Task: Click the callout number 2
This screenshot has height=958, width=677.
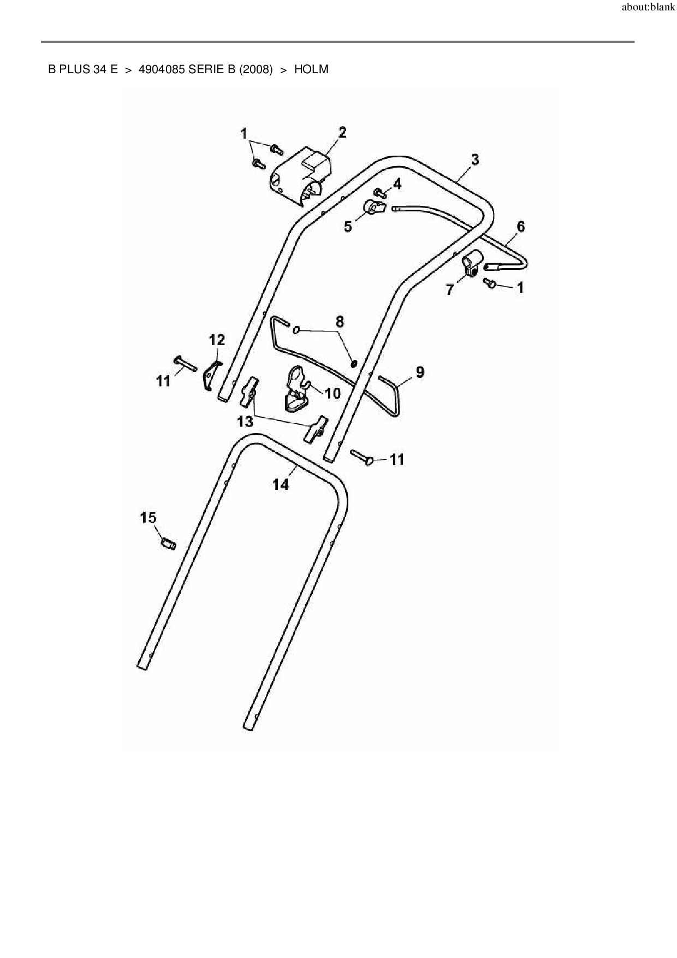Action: [x=342, y=132]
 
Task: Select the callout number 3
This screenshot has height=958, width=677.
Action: [x=475, y=159]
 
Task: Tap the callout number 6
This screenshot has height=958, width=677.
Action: [x=520, y=226]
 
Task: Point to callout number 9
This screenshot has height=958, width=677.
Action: [x=419, y=372]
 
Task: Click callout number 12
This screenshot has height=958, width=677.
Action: [x=217, y=340]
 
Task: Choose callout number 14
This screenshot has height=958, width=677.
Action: [x=281, y=484]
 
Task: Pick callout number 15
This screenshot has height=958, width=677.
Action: [x=149, y=517]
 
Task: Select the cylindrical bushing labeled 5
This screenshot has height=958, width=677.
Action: [x=373, y=208]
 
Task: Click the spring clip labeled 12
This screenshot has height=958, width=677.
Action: [x=210, y=374]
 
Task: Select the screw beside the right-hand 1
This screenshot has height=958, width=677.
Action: [x=490, y=283]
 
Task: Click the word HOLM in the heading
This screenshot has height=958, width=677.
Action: [x=311, y=70]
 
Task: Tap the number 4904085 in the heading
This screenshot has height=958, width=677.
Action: [x=162, y=70]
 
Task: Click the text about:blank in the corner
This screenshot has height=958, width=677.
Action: [x=649, y=8]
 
